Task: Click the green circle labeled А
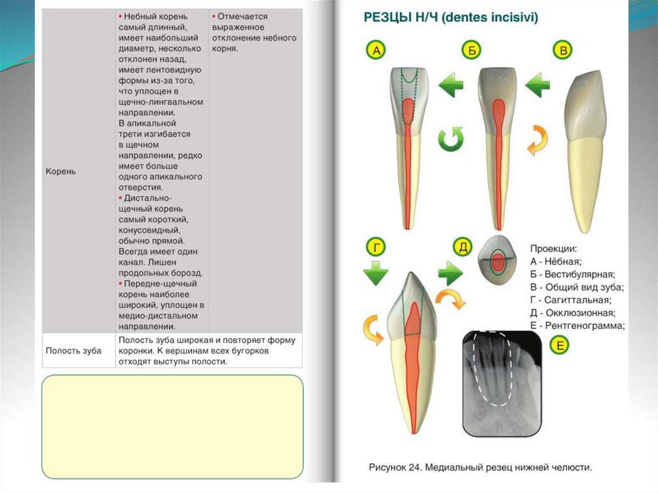tap(376, 50)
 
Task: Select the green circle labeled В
tap(564, 50)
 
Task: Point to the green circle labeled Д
tap(463, 246)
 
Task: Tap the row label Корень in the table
tap(60, 172)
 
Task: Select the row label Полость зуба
tap(73, 350)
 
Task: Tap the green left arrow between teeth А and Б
tap(451, 84)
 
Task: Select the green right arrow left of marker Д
tap(450, 274)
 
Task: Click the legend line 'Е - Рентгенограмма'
tap(577, 326)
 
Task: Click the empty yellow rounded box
tap(172, 426)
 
